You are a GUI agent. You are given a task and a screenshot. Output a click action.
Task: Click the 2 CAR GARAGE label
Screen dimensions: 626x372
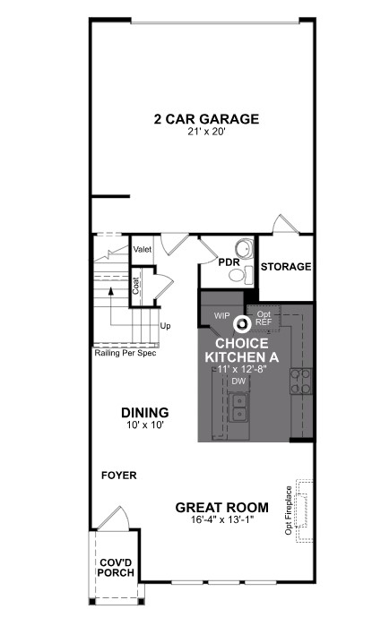tap(206, 118)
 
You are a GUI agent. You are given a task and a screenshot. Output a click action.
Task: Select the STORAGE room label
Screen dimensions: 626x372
tap(285, 267)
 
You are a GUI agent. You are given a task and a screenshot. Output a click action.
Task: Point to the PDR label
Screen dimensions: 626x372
tap(229, 262)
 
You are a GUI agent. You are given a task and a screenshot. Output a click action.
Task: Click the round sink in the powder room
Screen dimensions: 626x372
tap(242, 248)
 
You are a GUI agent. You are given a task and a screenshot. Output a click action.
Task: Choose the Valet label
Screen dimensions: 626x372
tap(142, 250)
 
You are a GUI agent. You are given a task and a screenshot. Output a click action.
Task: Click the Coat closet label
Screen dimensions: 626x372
tap(137, 285)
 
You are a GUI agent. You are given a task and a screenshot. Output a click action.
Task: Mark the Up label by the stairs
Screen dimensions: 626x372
tap(165, 326)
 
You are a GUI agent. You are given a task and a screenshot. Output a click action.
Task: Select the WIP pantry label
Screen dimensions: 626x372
tap(222, 315)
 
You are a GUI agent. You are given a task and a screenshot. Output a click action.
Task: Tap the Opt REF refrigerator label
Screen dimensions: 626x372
tap(264, 318)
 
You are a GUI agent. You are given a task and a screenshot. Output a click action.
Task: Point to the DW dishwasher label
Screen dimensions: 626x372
tap(238, 381)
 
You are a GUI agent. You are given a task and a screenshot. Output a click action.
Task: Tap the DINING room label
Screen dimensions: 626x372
tap(144, 413)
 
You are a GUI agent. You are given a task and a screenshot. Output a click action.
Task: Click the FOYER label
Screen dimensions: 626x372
tap(118, 476)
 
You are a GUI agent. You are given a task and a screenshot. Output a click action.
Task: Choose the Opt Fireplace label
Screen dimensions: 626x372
tap(289, 510)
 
